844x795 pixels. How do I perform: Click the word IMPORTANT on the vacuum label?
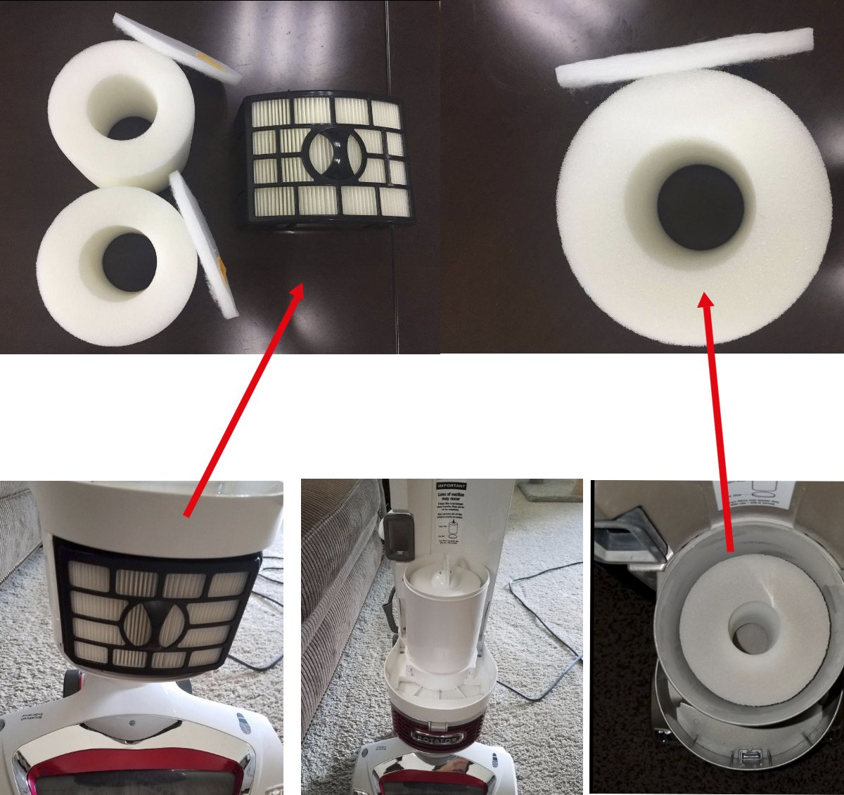click(x=452, y=486)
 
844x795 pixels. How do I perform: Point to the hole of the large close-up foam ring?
click(x=701, y=207)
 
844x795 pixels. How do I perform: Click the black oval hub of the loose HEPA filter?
click(x=333, y=153)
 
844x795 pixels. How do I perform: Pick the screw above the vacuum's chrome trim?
click(x=132, y=722)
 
